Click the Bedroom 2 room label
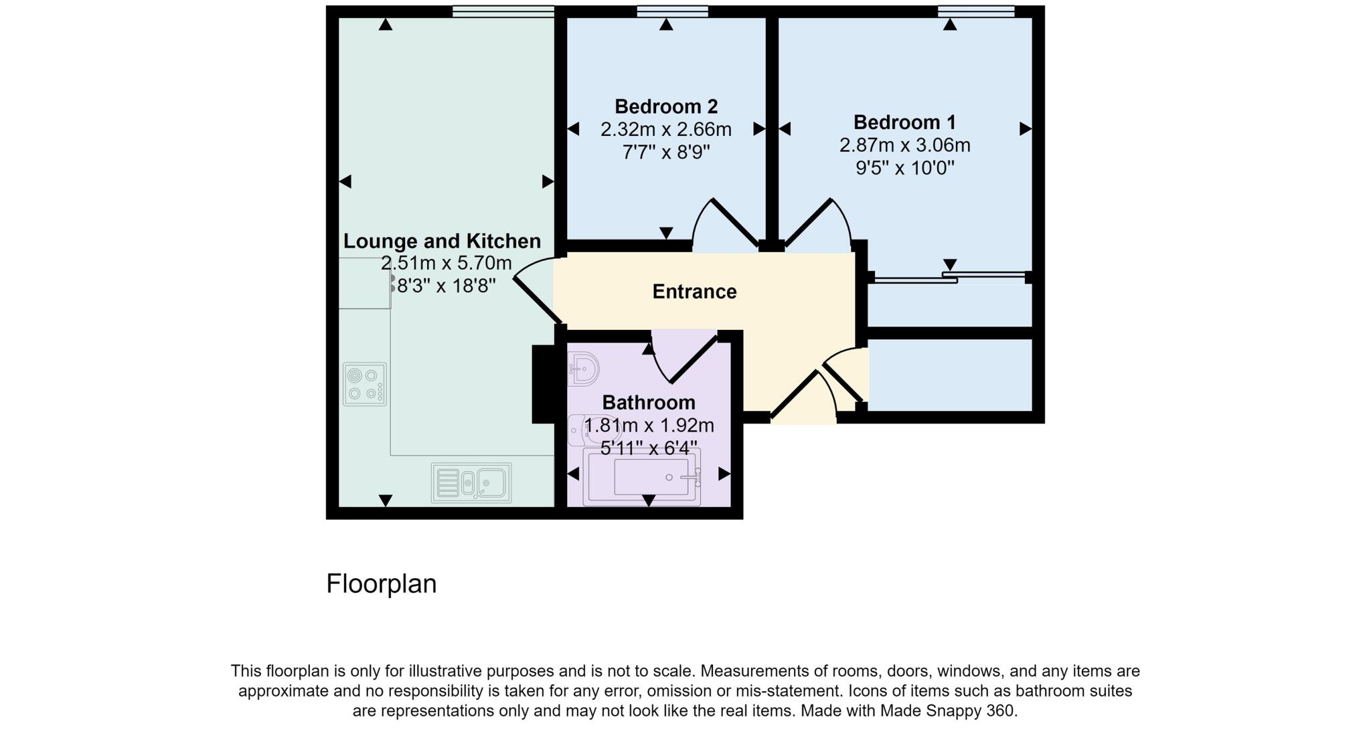(665, 106)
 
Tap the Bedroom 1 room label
(904, 122)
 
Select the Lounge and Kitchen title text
(442, 241)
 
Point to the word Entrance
(694, 292)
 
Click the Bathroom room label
(648, 402)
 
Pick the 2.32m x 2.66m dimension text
(665, 129)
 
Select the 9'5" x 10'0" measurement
(904, 167)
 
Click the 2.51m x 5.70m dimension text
(446, 263)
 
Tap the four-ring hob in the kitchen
(365, 384)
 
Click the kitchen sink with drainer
(471, 482)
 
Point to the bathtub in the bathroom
(642, 476)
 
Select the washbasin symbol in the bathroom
(584, 369)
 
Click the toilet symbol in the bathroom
(580, 431)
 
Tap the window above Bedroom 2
(672, 11)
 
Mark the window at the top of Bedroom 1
(975, 11)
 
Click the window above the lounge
(503, 11)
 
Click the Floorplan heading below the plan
(381, 583)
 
